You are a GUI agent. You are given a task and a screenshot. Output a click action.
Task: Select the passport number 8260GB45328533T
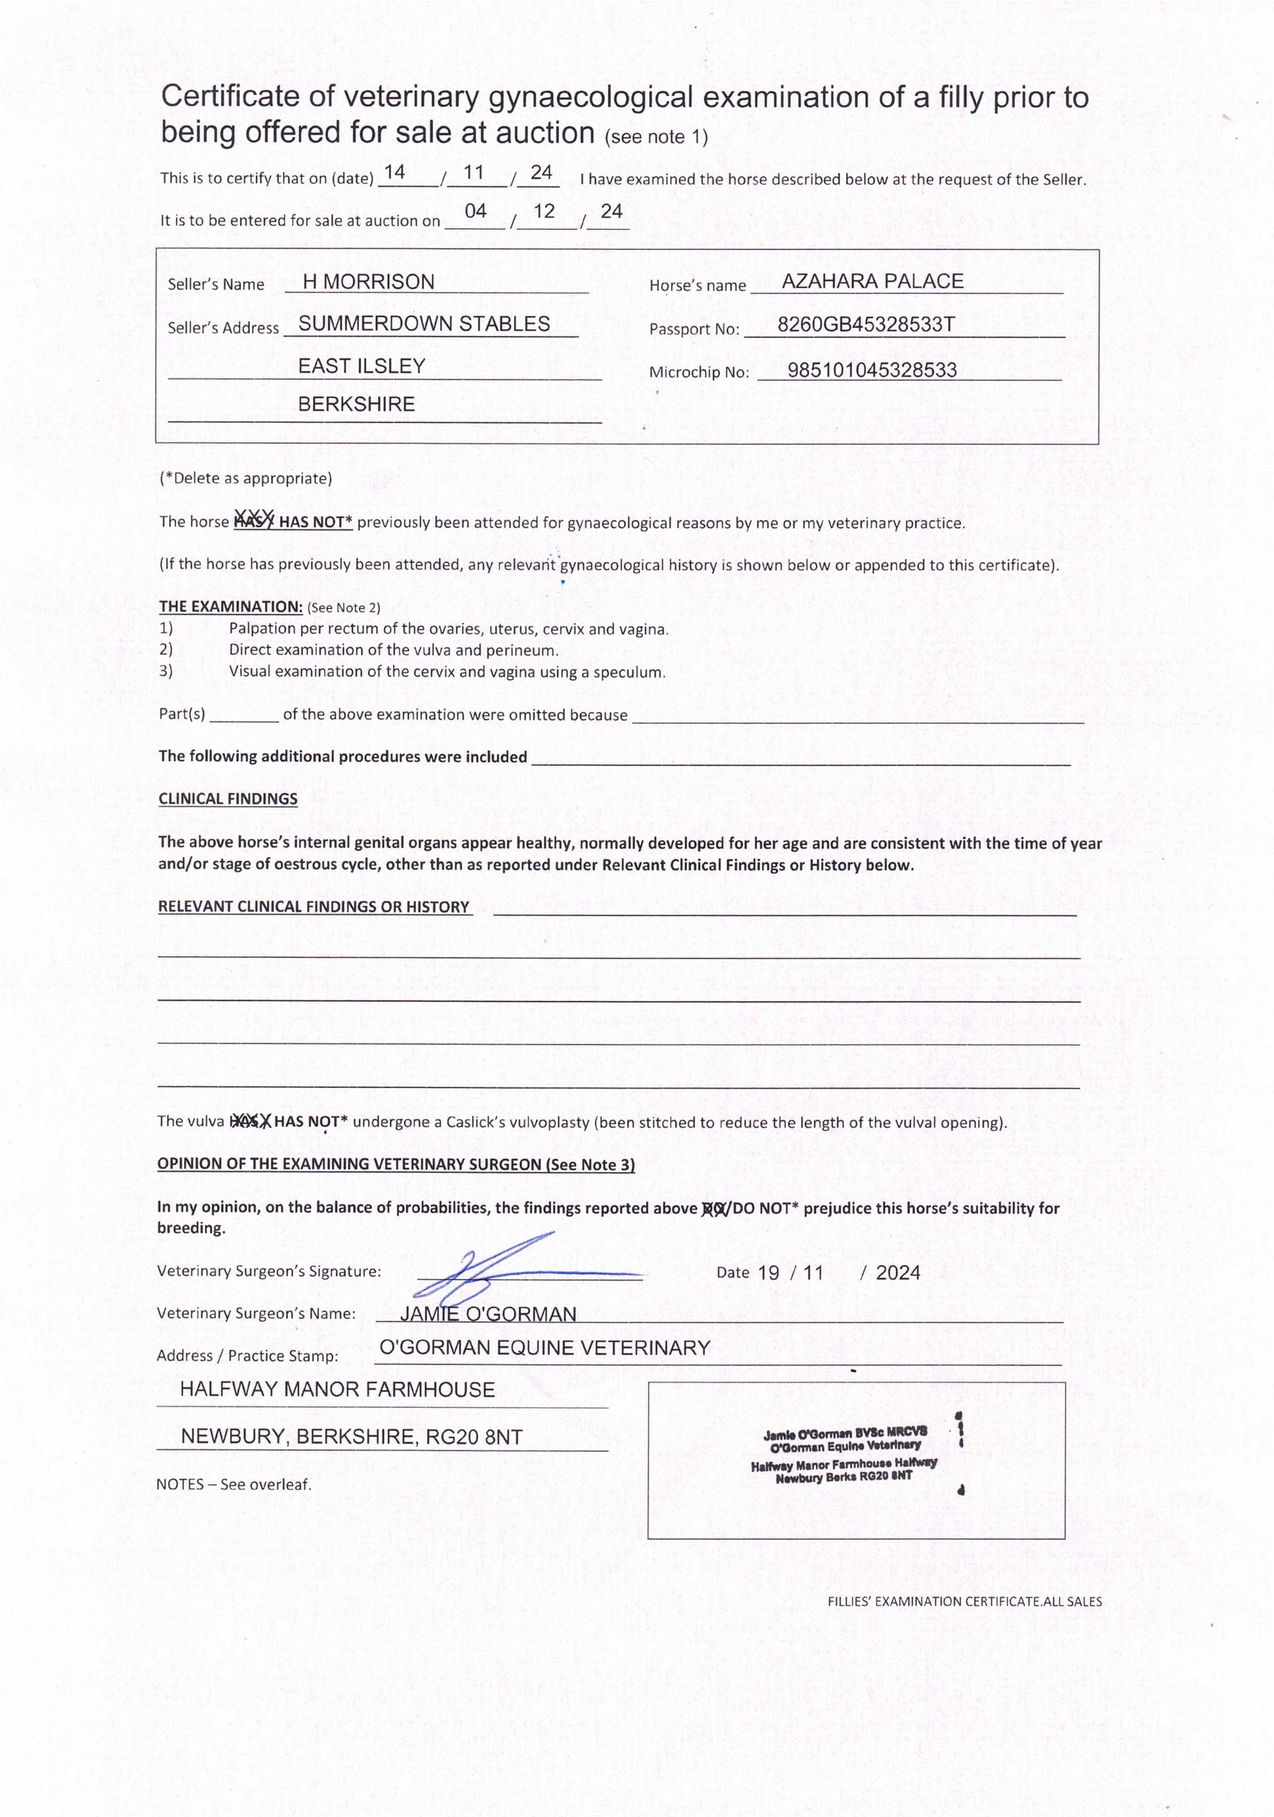point(866,325)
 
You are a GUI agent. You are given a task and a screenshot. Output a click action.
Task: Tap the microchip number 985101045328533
point(872,370)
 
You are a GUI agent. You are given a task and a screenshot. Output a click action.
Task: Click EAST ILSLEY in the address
point(362,366)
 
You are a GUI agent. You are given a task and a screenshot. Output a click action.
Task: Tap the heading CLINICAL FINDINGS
point(228,798)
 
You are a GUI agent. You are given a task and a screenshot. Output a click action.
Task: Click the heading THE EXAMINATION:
point(230,607)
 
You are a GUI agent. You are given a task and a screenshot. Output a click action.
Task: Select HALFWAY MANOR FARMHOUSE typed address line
point(337,1390)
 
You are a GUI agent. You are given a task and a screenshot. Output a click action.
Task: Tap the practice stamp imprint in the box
point(844,1455)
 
